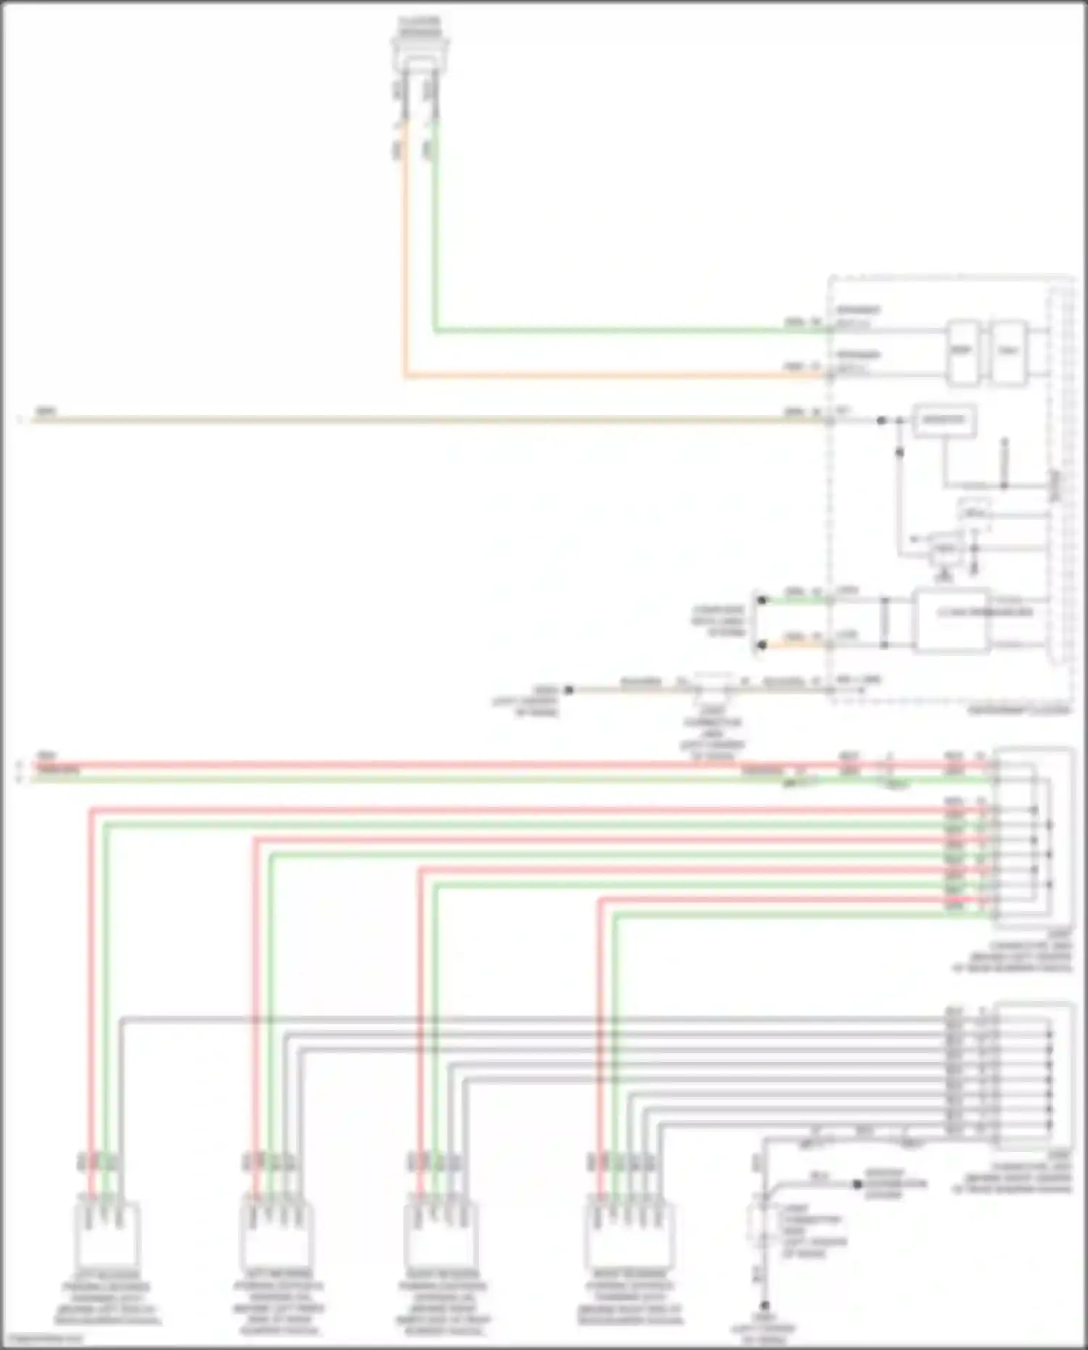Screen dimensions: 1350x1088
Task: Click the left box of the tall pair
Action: pyautogui.click(x=962, y=352)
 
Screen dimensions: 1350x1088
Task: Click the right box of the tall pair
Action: pyautogui.click(x=1008, y=352)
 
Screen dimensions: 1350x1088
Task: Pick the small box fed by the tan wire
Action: pyautogui.click(x=944, y=421)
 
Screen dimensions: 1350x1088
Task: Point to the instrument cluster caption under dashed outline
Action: pyautogui.click(x=1019, y=711)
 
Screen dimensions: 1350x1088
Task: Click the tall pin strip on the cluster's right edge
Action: pyautogui.click(x=1060, y=475)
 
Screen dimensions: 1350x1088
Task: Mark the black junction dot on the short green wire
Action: pyautogui.click(x=762, y=600)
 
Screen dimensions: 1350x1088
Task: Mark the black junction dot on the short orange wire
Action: pyautogui.click(x=762, y=644)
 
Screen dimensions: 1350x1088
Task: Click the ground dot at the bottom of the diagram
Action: pyautogui.click(x=765, y=1306)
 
